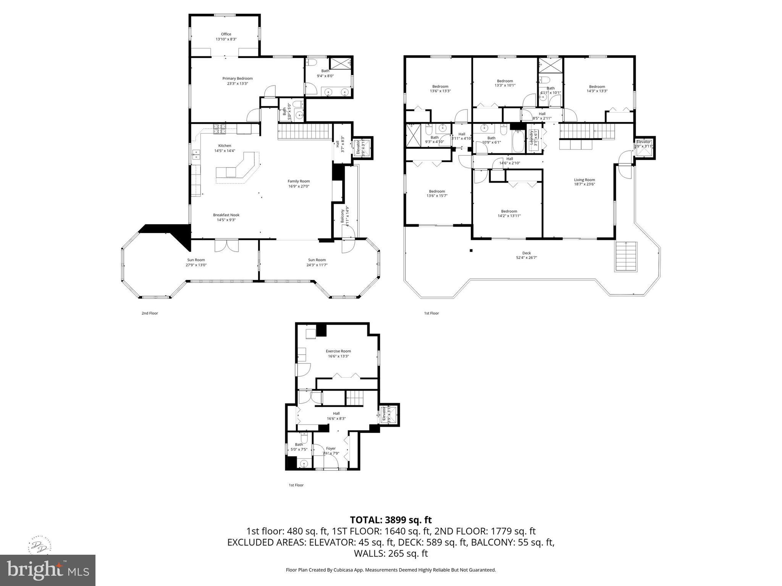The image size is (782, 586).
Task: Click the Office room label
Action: pyautogui.click(x=226, y=34)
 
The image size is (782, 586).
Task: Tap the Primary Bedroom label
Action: pyautogui.click(x=238, y=79)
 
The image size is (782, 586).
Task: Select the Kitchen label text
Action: pyautogui.click(x=225, y=146)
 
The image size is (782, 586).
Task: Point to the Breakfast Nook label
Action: pyautogui.click(x=226, y=215)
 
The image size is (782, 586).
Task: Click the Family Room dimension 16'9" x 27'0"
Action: pyautogui.click(x=299, y=187)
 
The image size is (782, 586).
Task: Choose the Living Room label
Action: pyautogui.click(x=584, y=180)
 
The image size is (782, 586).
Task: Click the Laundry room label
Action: pyautogui.click(x=531, y=139)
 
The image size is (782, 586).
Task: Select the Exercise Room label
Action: pyautogui.click(x=338, y=351)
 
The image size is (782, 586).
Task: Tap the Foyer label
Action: pyautogui.click(x=331, y=449)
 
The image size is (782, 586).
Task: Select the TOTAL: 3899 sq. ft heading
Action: pyautogui.click(x=391, y=520)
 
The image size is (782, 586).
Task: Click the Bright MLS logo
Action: pyautogui.click(x=47, y=570)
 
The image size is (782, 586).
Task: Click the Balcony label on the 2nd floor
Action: pyautogui.click(x=343, y=216)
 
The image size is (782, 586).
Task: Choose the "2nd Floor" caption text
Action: pyautogui.click(x=150, y=313)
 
